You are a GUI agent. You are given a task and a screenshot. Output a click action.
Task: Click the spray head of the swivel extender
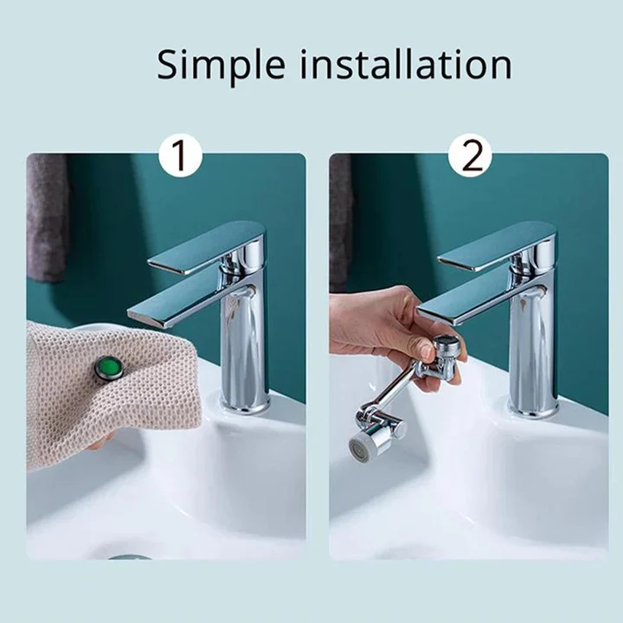tap(363, 444)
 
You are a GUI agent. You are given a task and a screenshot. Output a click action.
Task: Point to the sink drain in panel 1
tap(130, 556)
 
